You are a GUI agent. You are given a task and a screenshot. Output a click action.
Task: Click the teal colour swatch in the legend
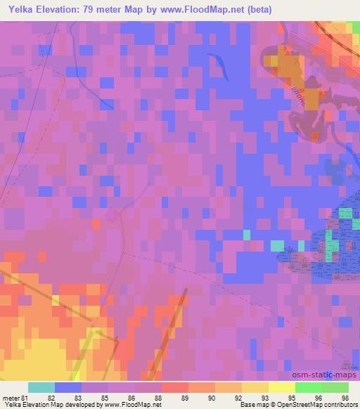click(x=41, y=387)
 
